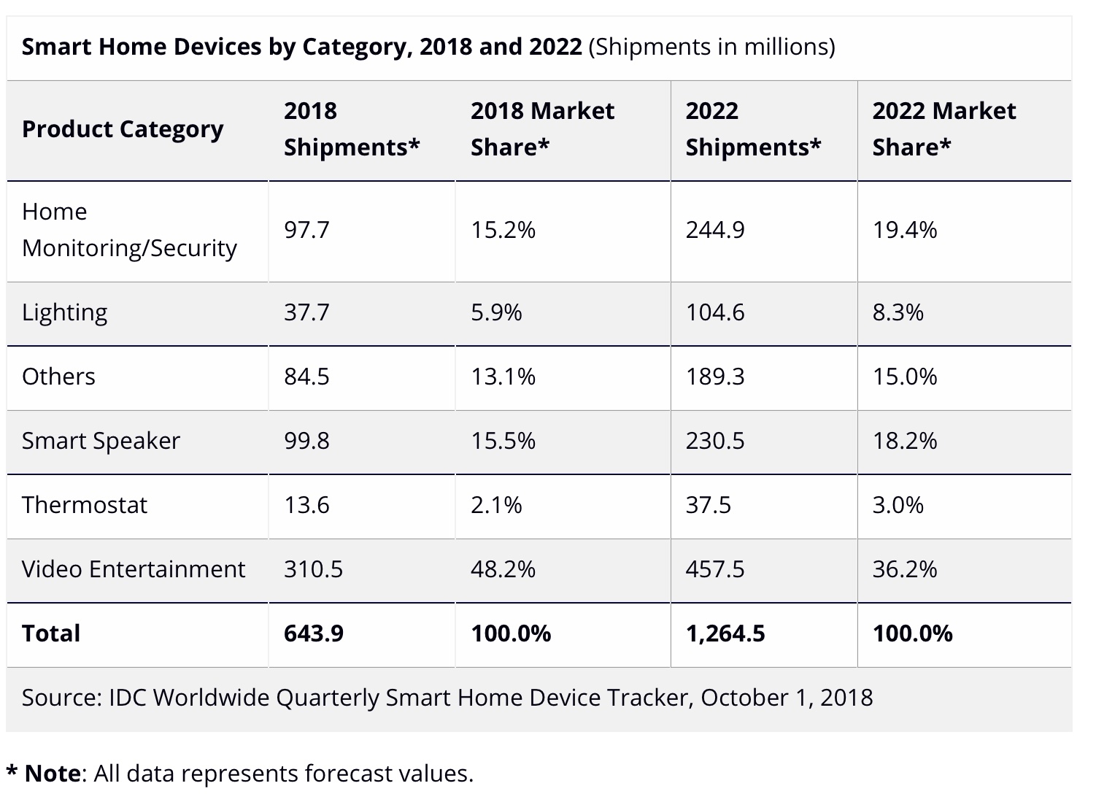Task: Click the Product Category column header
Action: pos(123,129)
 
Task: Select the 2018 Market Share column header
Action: pos(542,129)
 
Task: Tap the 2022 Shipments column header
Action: pos(753,129)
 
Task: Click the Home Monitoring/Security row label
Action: pos(129,230)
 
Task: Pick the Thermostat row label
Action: pos(85,505)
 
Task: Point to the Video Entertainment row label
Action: pos(134,569)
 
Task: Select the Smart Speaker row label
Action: pos(101,441)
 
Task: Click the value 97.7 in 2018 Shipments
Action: pos(306,231)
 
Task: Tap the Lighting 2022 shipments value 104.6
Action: pos(714,312)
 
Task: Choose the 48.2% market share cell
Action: pos(503,569)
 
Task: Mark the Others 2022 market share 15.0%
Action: pos(904,377)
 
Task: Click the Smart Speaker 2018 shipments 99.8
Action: pos(306,441)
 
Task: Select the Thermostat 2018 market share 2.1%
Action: pos(496,505)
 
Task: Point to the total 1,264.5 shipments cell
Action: pos(725,633)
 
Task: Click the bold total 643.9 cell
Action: pos(314,633)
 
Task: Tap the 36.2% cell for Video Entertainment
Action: pos(904,569)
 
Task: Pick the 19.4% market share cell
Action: pos(904,231)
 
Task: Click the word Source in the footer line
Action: pos(61,698)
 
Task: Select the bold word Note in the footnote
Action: pos(53,774)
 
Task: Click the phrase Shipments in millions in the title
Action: pos(711,47)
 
